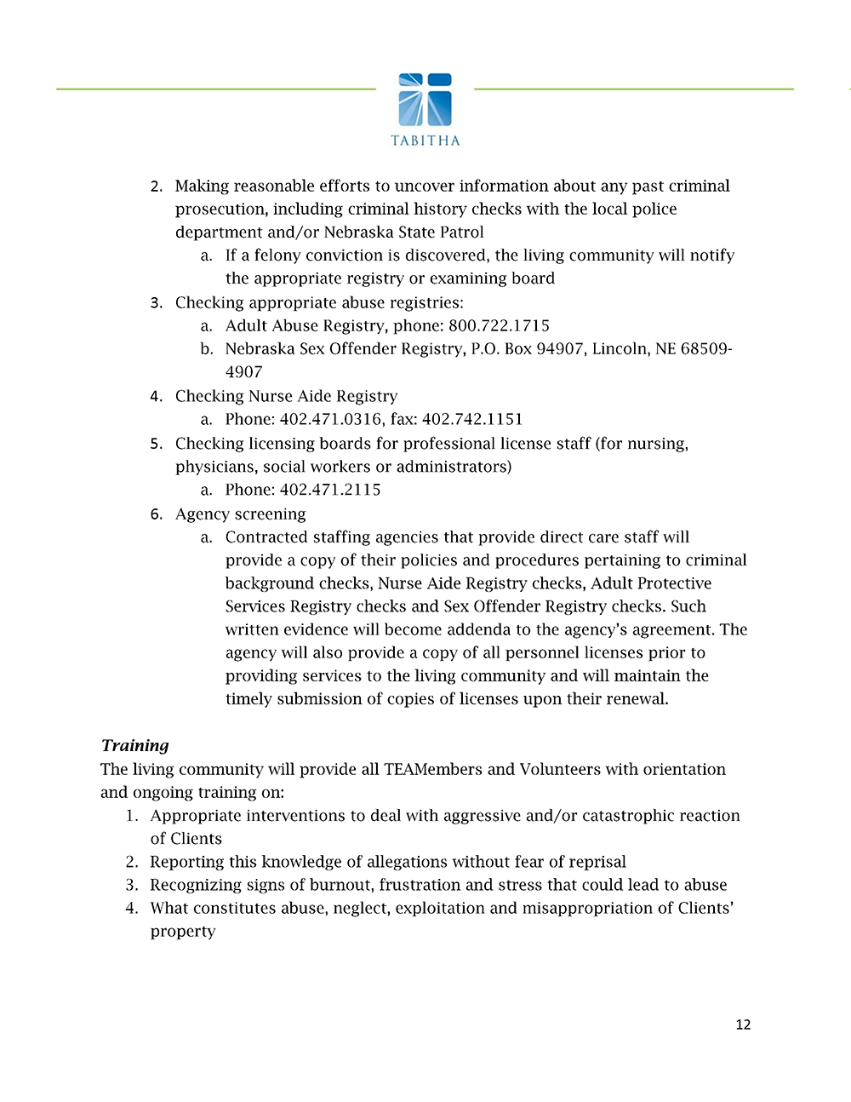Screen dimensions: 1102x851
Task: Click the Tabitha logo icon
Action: click(x=425, y=100)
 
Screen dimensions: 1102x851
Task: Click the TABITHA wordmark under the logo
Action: click(x=425, y=141)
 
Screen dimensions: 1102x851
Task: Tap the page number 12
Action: click(x=743, y=1025)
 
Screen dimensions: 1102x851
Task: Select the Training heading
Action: click(x=134, y=745)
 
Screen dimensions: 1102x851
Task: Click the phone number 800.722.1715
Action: click(x=499, y=325)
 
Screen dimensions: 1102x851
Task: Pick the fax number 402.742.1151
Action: click(x=472, y=419)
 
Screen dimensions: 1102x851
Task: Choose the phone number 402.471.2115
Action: click(x=330, y=490)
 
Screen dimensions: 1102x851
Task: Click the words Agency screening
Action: click(x=240, y=514)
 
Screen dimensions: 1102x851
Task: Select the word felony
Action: click(x=280, y=255)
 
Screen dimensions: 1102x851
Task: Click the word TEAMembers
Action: click(x=433, y=769)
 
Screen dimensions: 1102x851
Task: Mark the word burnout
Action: click(x=344, y=885)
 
